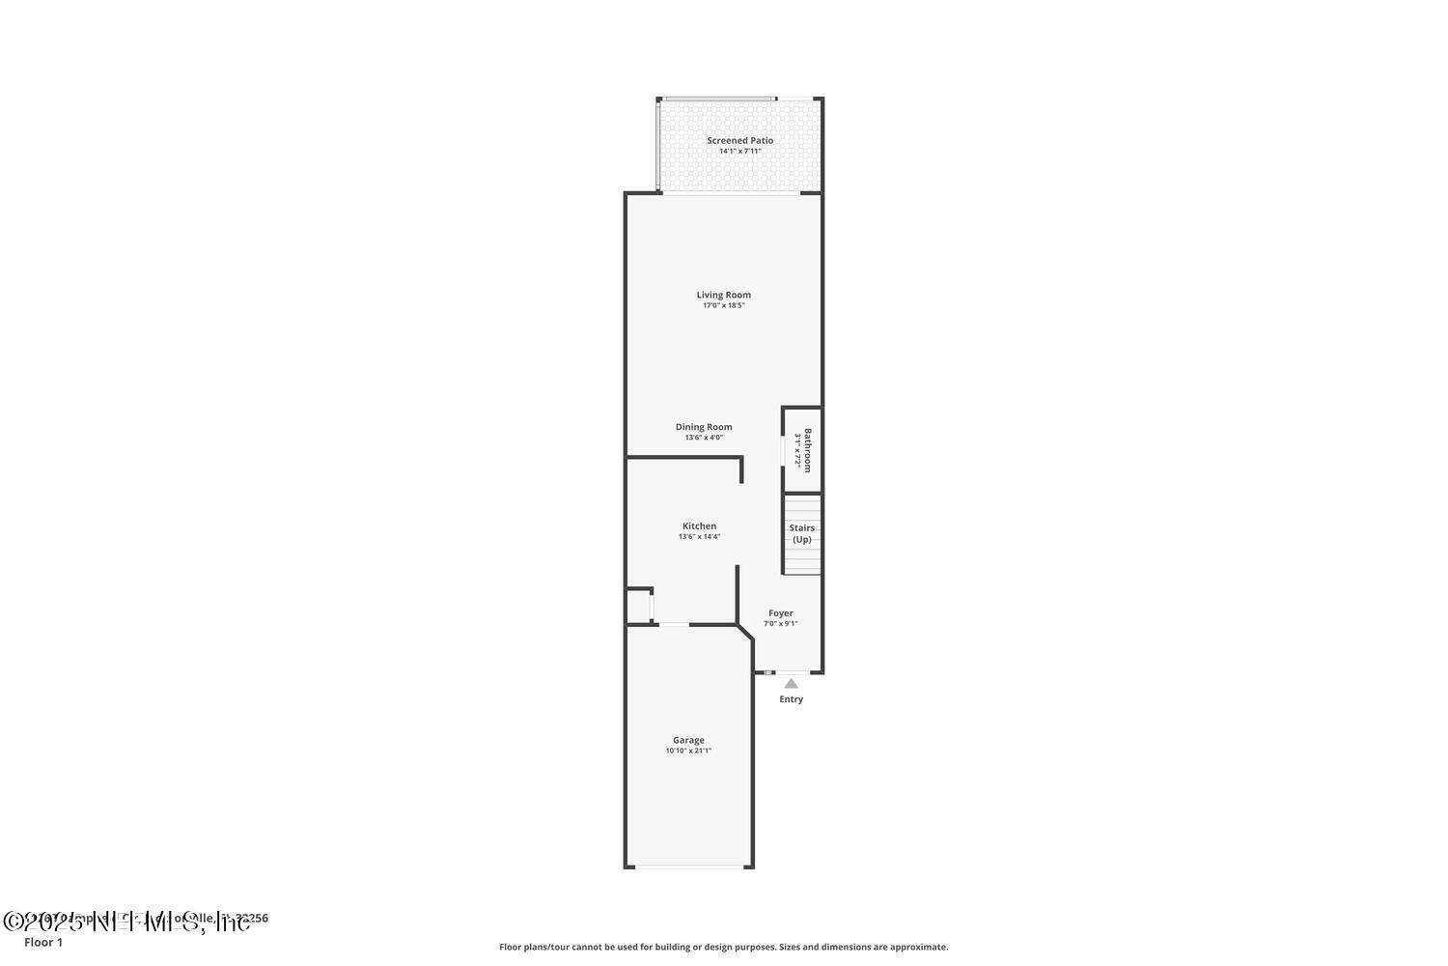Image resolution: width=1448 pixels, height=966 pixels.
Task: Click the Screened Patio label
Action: tap(739, 140)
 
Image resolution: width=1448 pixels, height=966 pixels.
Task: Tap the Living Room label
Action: tap(723, 295)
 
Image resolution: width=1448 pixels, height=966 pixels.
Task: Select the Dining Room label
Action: tap(704, 427)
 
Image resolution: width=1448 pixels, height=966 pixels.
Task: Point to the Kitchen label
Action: tap(699, 526)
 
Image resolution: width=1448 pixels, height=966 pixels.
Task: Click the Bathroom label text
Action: tap(808, 450)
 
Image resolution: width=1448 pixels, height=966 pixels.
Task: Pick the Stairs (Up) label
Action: tap(802, 534)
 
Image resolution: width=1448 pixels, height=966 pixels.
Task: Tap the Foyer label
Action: tap(781, 613)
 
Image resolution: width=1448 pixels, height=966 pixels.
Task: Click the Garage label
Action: tap(688, 740)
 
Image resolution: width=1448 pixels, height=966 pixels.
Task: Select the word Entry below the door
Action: tap(791, 699)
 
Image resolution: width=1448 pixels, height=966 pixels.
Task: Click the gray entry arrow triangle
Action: tap(791, 684)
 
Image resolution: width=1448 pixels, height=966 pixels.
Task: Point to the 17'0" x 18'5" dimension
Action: tap(723, 305)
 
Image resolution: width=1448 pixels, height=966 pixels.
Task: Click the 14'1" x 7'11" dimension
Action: tap(739, 151)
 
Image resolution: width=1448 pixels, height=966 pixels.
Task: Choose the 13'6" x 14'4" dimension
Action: tap(699, 537)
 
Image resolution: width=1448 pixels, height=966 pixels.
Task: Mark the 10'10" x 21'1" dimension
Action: tap(688, 751)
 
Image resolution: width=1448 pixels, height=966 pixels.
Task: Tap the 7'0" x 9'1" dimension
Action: tap(781, 624)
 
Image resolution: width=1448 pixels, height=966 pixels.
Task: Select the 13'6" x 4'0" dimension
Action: tap(704, 438)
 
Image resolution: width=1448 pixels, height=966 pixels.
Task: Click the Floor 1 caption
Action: tap(43, 942)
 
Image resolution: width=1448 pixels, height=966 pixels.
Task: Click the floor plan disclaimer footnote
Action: tap(723, 947)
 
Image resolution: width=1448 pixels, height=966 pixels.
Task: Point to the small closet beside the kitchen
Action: tap(638, 606)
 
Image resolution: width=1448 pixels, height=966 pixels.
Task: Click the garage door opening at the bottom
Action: tap(688, 867)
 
